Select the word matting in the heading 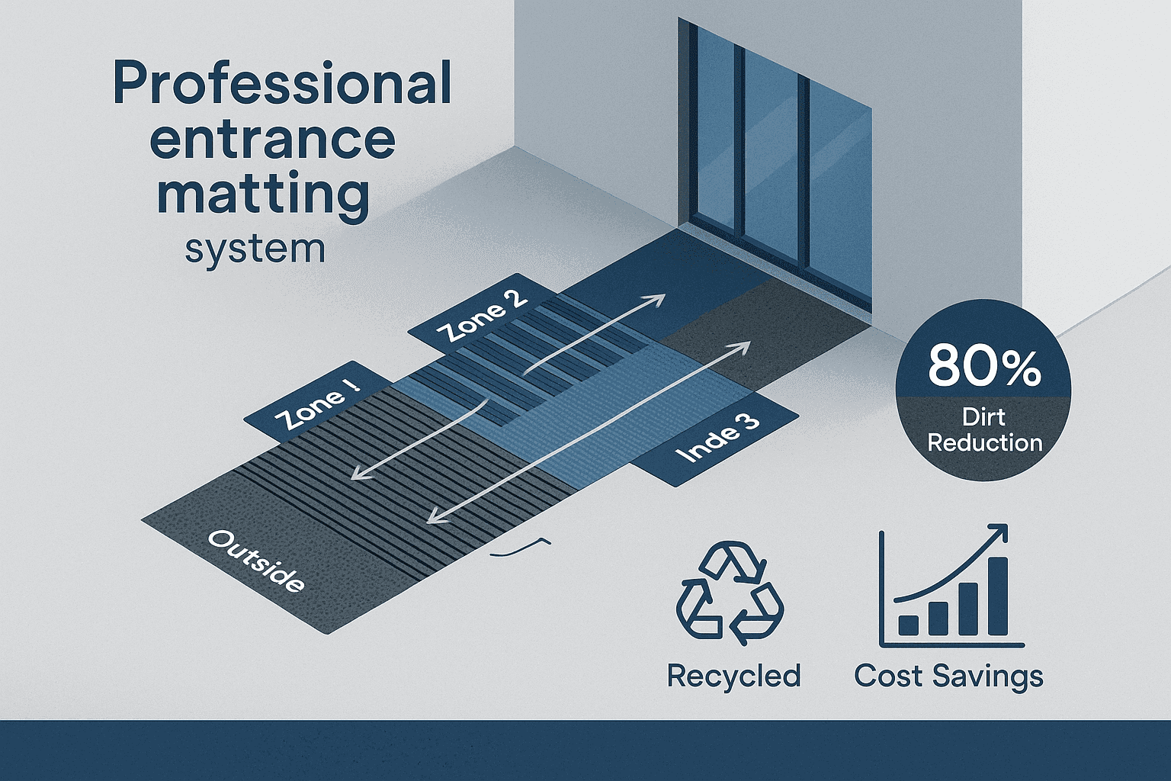tap(263, 196)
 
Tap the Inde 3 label tap(717, 441)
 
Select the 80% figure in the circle tap(984, 365)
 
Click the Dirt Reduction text tap(984, 430)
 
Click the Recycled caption tap(733, 676)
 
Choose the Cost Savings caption tap(948, 676)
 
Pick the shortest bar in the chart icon tap(908, 625)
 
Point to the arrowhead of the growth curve tap(999, 533)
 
